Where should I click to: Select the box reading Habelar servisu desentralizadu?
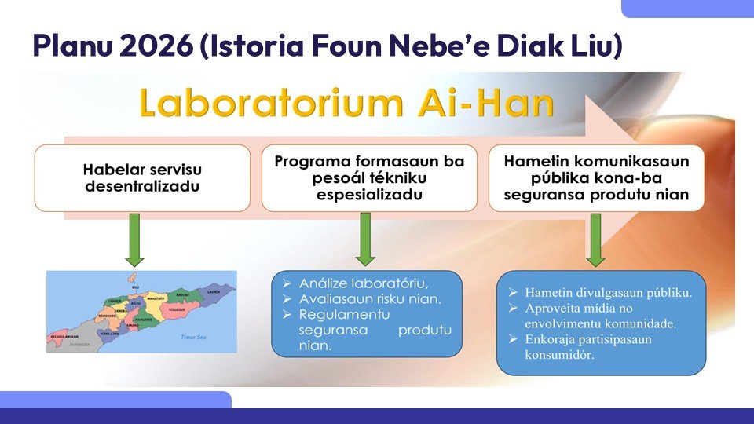(142, 177)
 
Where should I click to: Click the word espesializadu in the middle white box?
(369, 194)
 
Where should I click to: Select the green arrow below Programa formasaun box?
(365, 239)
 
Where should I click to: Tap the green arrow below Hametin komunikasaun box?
(595, 239)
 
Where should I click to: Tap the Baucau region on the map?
(182, 294)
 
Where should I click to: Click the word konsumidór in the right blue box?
(559, 354)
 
